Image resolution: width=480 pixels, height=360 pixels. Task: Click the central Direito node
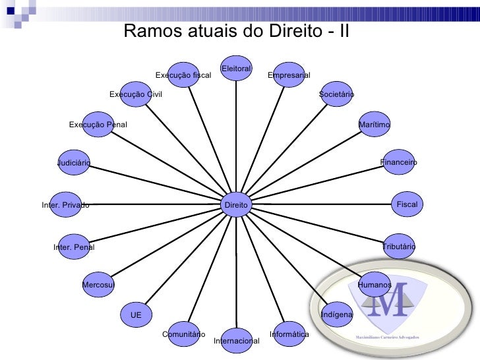tap(236, 205)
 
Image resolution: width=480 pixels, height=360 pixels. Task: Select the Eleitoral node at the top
tap(236, 69)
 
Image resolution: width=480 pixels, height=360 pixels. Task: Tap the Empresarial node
tap(287, 75)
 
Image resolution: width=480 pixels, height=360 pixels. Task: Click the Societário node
tap(336, 95)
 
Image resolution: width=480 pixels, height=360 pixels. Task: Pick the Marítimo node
tap(374, 125)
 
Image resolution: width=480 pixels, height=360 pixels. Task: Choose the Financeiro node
tap(398, 162)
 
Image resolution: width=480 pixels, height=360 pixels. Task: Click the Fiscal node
tap(407, 205)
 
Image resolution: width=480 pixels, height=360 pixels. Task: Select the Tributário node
tap(398, 246)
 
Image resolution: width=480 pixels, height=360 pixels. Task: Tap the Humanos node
tap(374, 284)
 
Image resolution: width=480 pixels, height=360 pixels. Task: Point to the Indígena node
tap(336, 315)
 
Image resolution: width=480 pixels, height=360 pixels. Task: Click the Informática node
tap(288, 334)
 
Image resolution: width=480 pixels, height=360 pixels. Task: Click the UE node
tap(136, 315)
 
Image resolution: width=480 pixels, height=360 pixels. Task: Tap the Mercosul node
tap(98, 284)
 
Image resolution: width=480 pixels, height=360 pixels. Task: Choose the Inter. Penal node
tap(73, 247)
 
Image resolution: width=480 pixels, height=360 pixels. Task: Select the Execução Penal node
tap(98, 125)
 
